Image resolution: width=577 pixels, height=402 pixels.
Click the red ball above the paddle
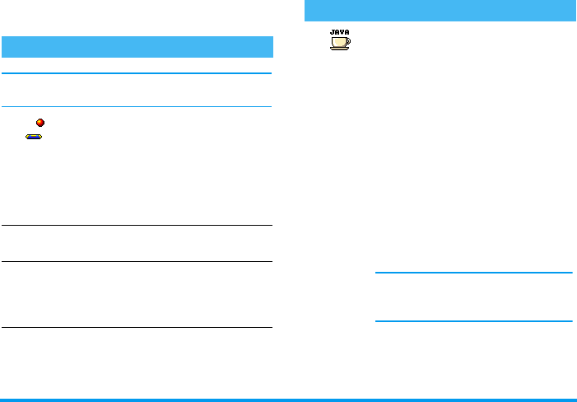point(40,123)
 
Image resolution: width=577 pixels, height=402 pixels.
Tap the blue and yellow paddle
point(34,137)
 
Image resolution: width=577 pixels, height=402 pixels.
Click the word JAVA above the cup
point(339,32)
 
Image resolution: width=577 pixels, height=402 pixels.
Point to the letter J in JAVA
point(332,32)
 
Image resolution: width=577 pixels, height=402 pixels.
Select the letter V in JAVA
point(342,32)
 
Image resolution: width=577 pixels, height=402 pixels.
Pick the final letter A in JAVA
point(347,32)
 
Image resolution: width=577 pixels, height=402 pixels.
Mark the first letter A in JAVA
point(337,32)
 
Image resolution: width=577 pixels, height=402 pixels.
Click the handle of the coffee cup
point(348,40)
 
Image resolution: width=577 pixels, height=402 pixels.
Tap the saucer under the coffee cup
point(338,49)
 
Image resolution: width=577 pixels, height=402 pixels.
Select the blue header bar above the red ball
point(137,46)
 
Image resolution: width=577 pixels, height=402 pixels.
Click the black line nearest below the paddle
point(137,226)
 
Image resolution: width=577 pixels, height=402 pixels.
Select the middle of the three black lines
point(137,262)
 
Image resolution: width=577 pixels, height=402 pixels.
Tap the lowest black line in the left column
point(137,328)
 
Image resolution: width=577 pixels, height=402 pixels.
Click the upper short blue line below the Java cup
point(472,273)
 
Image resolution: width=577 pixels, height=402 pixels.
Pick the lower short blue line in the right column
point(472,321)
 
